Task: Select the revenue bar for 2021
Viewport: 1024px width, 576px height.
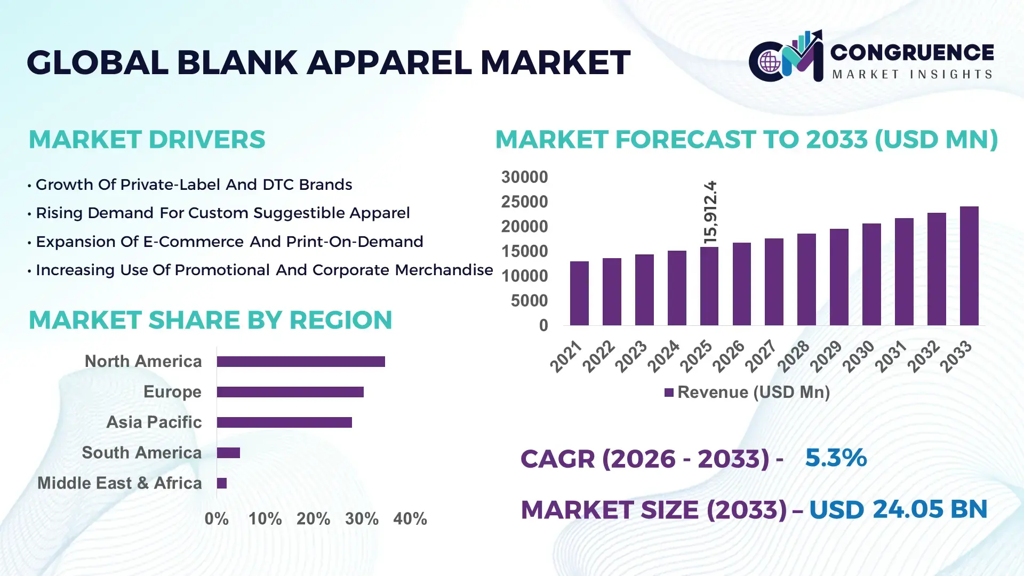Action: [x=579, y=293]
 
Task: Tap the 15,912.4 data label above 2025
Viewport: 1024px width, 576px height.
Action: [x=710, y=212]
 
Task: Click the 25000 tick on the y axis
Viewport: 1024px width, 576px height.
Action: [x=524, y=202]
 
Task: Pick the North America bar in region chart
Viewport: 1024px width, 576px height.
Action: [x=301, y=362]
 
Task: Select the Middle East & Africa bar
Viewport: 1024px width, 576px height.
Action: [x=222, y=483]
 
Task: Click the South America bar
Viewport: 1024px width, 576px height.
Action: [x=228, y=453]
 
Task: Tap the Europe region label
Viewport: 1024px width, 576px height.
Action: [x=172, y=392]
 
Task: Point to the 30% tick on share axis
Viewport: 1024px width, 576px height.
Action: [x=362, y=518]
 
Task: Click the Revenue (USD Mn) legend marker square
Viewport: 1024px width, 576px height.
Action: [x=669, y=393]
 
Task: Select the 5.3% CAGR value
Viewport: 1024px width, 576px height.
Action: [x=836, y=458]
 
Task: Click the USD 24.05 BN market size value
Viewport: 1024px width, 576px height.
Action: [x=898, y=509]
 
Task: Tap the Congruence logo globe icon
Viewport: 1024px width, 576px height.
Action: [x=770, y=62]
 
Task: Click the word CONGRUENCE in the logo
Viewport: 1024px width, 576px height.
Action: [x=912, y=52]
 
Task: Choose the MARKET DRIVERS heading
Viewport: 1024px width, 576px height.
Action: [x=147, y=140]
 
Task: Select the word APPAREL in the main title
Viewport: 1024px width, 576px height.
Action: [x=389, y=62]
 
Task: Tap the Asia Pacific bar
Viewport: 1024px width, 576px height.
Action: [x=284, y=422]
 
